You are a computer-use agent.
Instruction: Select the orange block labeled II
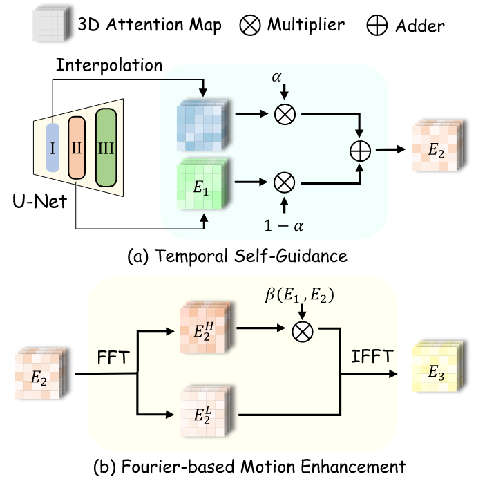click(77, 147)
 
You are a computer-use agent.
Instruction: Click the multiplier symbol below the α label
click(283, 115)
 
